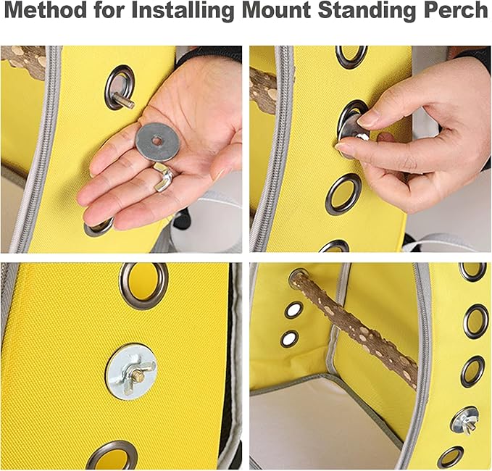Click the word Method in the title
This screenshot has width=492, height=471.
46,9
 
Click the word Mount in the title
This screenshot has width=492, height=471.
277,9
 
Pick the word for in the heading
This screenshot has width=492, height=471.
109,9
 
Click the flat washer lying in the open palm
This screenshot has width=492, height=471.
156,141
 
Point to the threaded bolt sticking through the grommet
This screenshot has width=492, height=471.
124,100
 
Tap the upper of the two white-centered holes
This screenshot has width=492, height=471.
294,309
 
